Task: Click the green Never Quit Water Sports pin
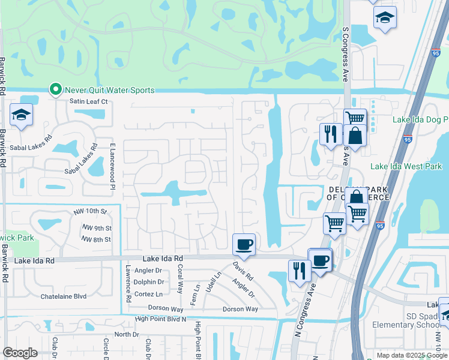click(x=56, y=90)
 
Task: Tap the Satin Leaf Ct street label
click(x=88, y=102)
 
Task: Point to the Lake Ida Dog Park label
click(x=420, y=119)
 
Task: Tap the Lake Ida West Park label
click(x=405, y=166)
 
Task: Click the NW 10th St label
click(x=90, y=212)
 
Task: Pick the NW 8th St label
click(x=96, y=239)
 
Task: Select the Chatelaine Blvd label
click(x=64, y=296)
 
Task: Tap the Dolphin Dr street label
click(x=149, y=282)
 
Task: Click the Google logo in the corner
click(x=20, y=353)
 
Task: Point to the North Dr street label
click(x=126, y=334)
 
